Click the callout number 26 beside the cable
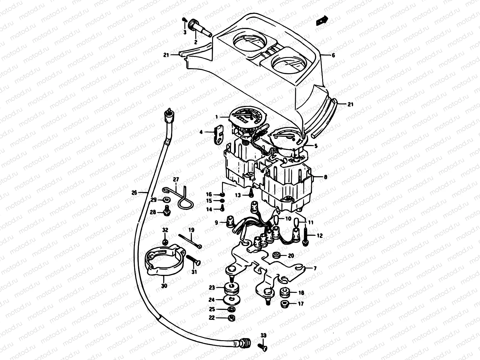tap(134, 193)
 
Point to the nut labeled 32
tap(165, 242)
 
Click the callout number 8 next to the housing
tap(325, 177)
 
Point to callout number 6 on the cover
tap(333, 55)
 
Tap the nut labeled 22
tap(231, 318)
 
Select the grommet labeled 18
tap(284, 292)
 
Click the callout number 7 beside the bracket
tap(315, 268)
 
